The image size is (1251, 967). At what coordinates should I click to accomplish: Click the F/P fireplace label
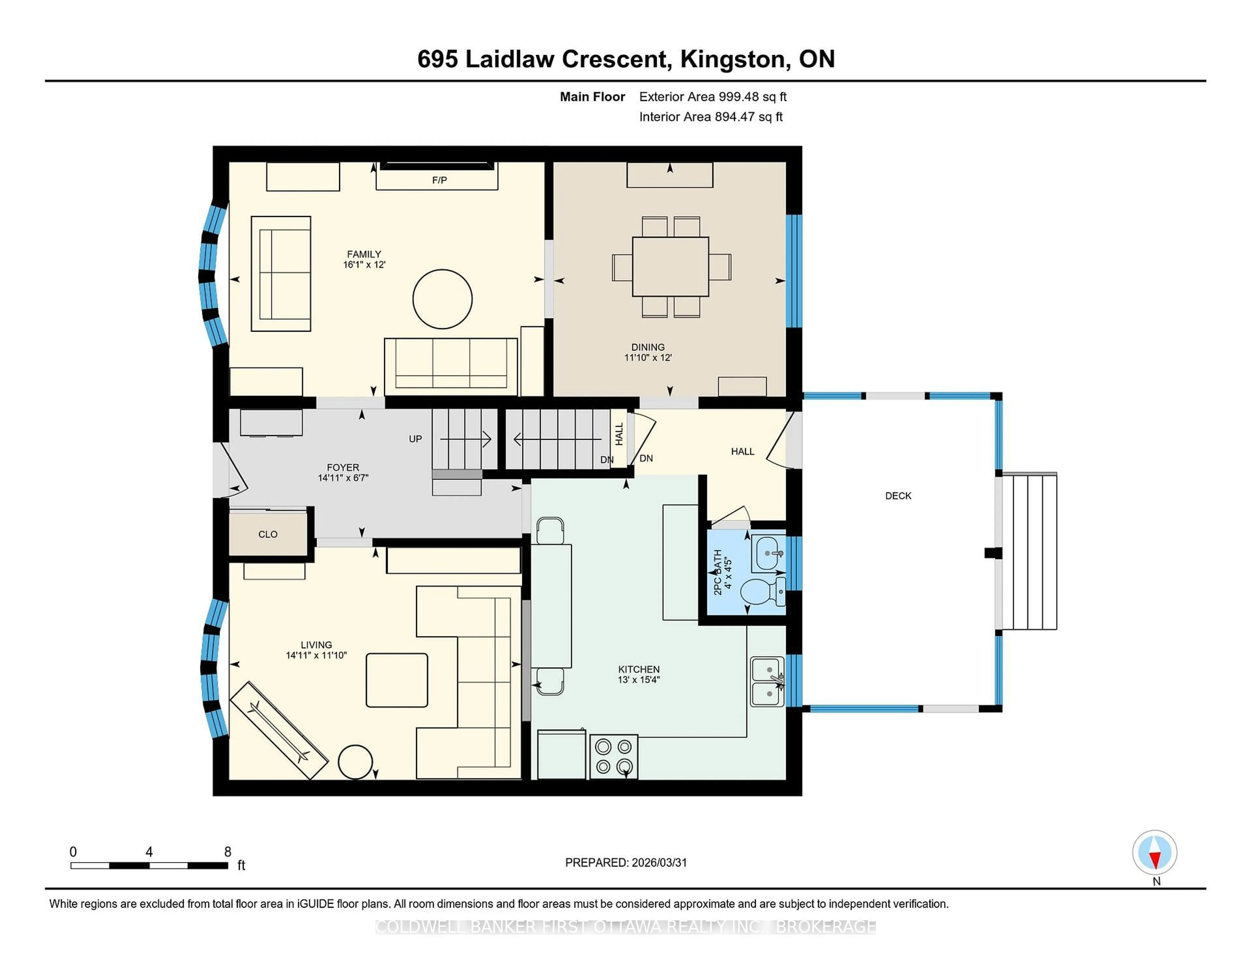pyautogui.click(x=439, y=180)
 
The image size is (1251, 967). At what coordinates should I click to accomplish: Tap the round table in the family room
pyautogui.click(x=442, y=299)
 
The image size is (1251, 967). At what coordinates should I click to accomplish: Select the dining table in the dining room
pyautogui.click(x=670, y=267)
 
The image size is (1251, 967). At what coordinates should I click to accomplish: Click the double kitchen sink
pyautogui.click(x=767, y=681)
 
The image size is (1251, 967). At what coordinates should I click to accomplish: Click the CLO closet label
pyautogui.click(x=267, y=534)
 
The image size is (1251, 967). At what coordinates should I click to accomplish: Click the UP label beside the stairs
pyautogui.click(x=415, y=439)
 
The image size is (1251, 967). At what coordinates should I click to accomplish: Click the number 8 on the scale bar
pyautogui.click(x=227, y=852)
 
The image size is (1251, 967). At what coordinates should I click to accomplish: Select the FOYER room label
pyautogui.click(x=342, y=468)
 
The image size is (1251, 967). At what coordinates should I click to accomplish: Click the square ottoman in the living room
pyautogui.click(x=396, y=680)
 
